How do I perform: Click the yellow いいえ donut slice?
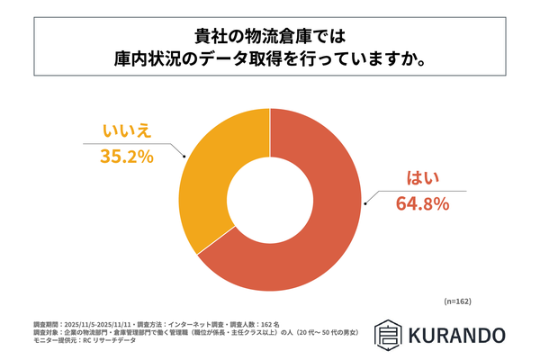pos(212,171)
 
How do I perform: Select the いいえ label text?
pos(127,131)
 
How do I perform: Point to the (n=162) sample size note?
pos(458,301)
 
